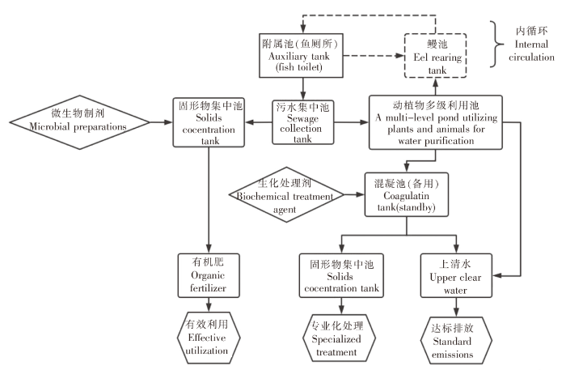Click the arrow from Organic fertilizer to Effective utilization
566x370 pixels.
point(209,305)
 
